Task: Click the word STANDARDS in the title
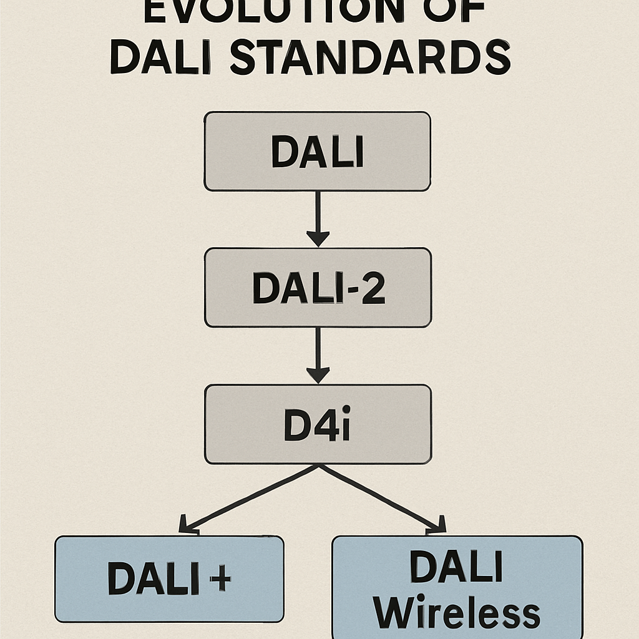point(369,57)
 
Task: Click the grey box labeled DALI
point(317,151)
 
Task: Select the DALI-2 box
point(317,287)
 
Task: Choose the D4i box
point(317,424)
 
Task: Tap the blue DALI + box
point(169,578)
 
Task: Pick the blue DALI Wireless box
point(457,587)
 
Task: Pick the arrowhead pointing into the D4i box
point(318,375)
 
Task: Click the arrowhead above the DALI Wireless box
point(437,527)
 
